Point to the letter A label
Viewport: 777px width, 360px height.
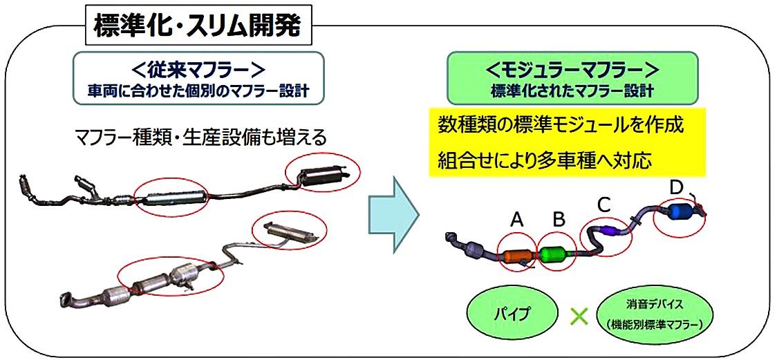[516, 220]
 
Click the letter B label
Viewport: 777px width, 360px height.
[559, 220]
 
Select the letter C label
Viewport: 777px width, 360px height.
[603, 204]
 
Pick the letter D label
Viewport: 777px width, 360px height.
[676, 187]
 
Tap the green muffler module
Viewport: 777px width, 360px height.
[556, 254]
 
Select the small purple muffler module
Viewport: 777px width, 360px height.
[609, 231]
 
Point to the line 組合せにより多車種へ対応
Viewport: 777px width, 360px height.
[545, 159]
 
